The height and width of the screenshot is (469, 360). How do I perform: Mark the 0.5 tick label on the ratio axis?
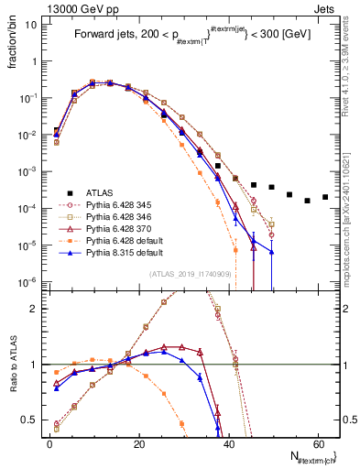(x=34, y=420)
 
